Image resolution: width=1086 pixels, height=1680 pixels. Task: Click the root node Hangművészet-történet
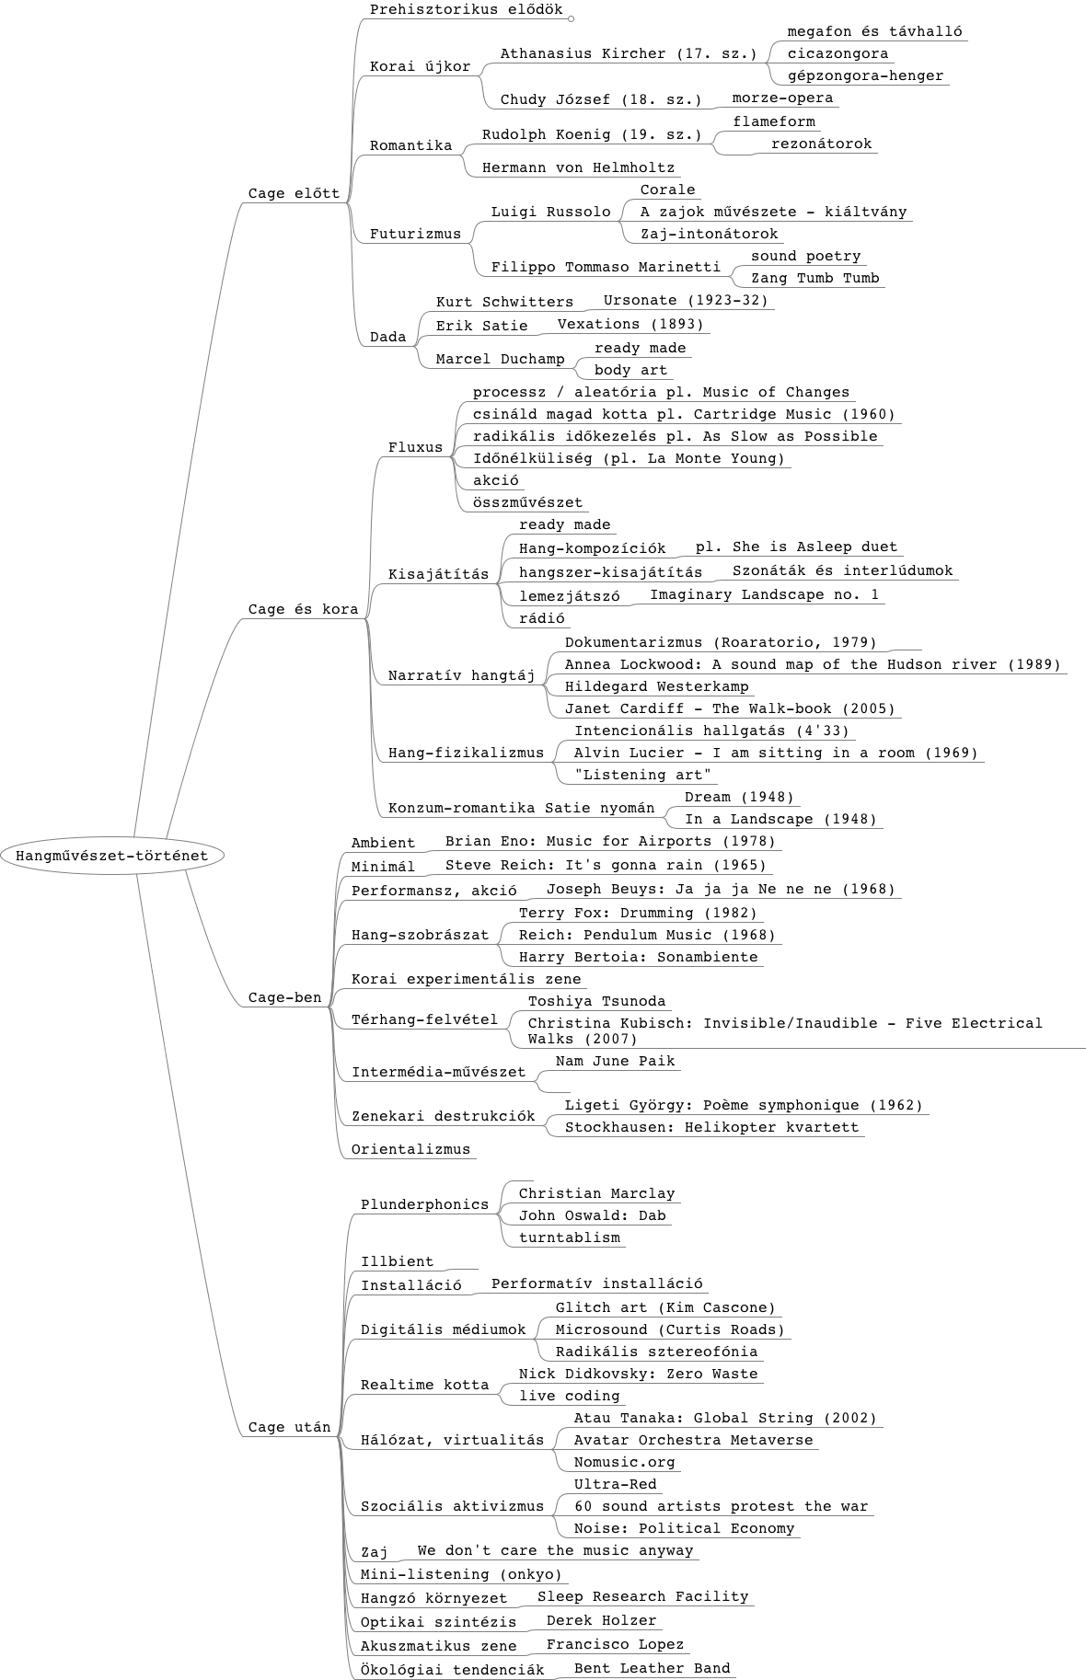[112, 856]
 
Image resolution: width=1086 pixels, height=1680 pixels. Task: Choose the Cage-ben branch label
[285, 997]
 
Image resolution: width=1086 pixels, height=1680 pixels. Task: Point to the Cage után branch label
[290, 1428]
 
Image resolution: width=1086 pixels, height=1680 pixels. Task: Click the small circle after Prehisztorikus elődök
[571, 18]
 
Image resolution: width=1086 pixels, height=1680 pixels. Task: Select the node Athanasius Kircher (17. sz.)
[629, 54]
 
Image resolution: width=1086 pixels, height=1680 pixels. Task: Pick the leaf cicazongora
[838, 54]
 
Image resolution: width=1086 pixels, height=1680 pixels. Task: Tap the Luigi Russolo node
[550, 213]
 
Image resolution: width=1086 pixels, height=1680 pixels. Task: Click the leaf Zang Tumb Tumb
[815, 279]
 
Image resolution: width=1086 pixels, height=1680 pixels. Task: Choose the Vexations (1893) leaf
[630, 325]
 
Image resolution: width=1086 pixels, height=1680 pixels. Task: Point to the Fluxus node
[416, 448]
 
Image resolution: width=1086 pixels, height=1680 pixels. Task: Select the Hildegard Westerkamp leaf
[657, 687]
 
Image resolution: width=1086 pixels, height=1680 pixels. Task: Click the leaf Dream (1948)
[739, 798]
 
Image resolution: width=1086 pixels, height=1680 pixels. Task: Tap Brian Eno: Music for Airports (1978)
[610, 842]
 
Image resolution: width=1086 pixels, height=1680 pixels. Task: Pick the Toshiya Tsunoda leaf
[596, 1002]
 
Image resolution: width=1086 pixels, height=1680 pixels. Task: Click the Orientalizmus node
[410, 1150]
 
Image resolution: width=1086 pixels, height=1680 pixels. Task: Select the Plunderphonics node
[424, 1205]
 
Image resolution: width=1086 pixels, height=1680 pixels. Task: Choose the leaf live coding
[570, 1397]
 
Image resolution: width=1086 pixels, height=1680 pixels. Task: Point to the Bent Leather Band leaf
[653, 1668]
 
